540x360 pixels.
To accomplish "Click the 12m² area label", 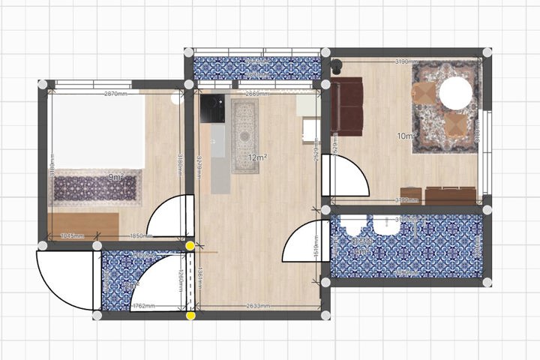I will tap(258, 157).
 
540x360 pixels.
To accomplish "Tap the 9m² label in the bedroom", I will tap(116, 177).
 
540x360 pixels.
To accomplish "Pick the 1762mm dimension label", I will tap(144, 306).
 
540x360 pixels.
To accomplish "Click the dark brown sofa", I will tap(349, 104).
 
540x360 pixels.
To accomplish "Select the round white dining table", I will tap(455, 94).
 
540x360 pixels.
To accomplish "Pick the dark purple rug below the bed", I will tap(97, 187).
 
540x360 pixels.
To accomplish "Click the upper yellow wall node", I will tap(190, 244).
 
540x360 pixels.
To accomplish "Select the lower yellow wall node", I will tap(190, 316).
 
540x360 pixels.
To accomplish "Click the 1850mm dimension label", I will tap(140, 236).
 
